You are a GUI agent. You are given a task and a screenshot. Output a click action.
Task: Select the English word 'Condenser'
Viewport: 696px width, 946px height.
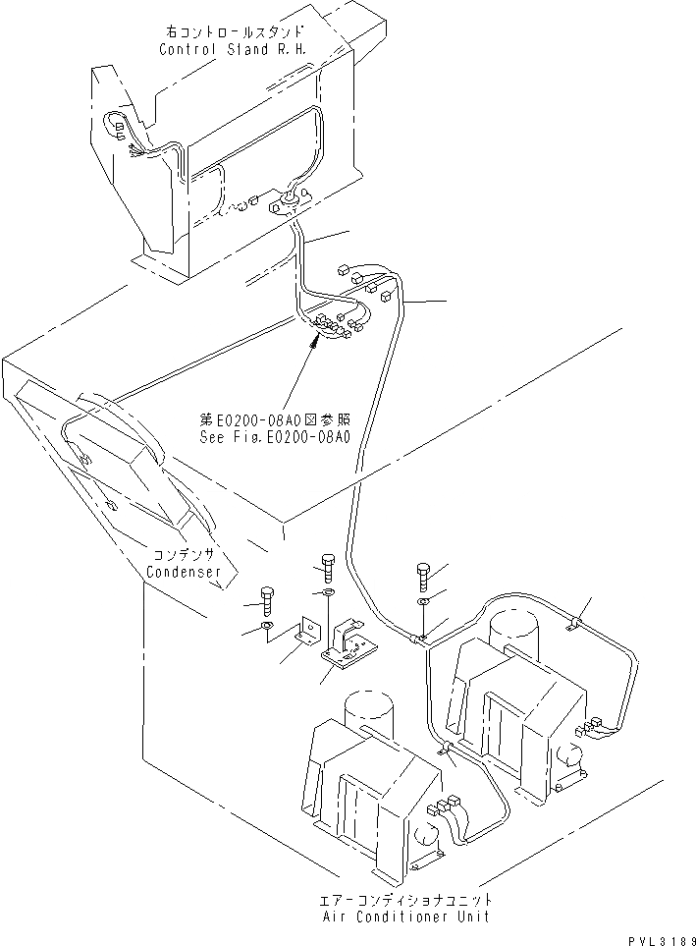183,571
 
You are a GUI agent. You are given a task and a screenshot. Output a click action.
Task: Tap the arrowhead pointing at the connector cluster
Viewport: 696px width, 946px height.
314,340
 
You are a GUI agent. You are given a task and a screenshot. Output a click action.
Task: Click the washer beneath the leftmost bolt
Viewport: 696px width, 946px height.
267,628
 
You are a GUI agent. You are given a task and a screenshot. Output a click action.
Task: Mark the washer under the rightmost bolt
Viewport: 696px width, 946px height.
422,602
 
